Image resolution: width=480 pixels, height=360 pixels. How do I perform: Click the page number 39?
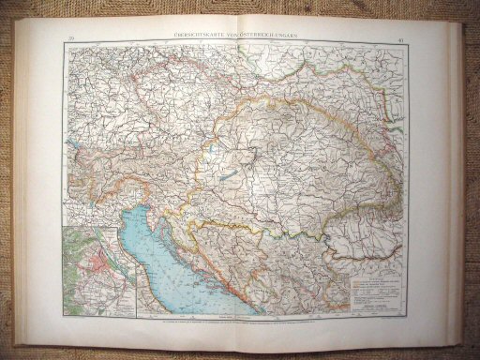click(x=70, y=37)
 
